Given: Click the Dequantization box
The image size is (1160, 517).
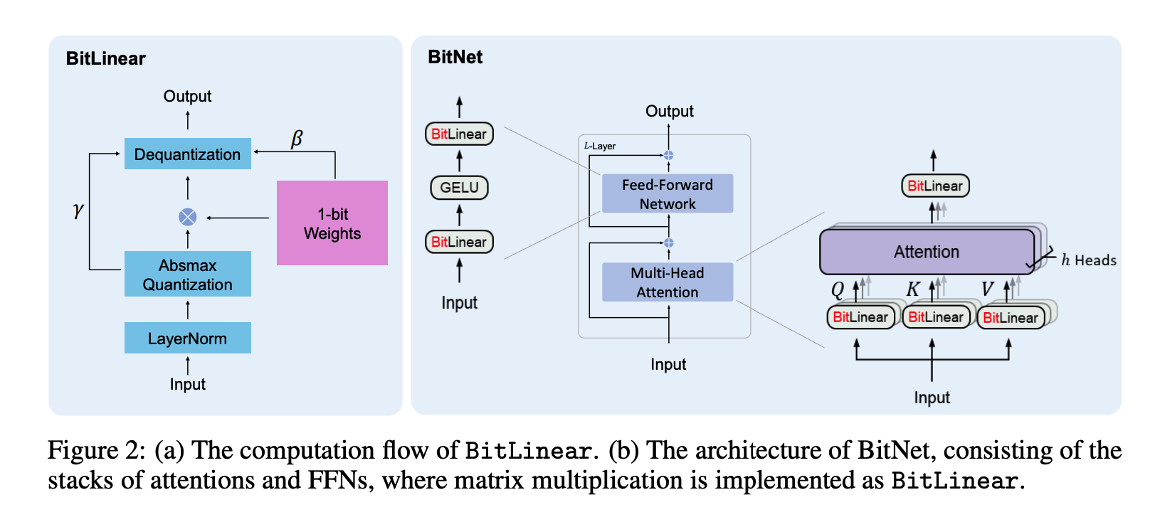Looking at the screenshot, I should point(187,154).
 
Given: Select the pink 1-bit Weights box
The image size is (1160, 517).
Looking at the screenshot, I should point(332,223).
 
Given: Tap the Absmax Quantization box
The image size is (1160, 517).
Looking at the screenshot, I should point(187,275).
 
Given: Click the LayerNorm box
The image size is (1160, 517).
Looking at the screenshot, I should point(187,339).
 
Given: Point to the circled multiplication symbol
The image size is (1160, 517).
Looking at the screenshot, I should point(187,217).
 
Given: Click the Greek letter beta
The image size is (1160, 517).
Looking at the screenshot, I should point(297,139).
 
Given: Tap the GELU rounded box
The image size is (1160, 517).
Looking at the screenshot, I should point(459,187).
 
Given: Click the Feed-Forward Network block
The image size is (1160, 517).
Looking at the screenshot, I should point(667,194).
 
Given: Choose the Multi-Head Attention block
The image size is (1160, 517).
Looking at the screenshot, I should point(667,282).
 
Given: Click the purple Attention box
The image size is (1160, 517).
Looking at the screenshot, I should point(926,252).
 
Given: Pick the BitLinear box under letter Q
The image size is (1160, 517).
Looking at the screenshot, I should point(860,317).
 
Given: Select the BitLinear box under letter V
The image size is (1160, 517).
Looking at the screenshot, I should point(1010,318).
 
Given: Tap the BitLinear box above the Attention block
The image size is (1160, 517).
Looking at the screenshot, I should point(934,186).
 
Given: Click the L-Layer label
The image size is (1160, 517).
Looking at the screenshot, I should point(600,146).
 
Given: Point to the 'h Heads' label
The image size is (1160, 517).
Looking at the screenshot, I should point(1088,260).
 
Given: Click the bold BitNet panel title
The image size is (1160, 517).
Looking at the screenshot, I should point(455,57).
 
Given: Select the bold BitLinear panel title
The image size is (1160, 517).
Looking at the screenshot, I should point(105,58).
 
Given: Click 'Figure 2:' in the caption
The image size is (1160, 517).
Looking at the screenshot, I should point(96,451).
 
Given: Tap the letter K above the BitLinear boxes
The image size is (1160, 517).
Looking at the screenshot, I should point(913,289).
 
